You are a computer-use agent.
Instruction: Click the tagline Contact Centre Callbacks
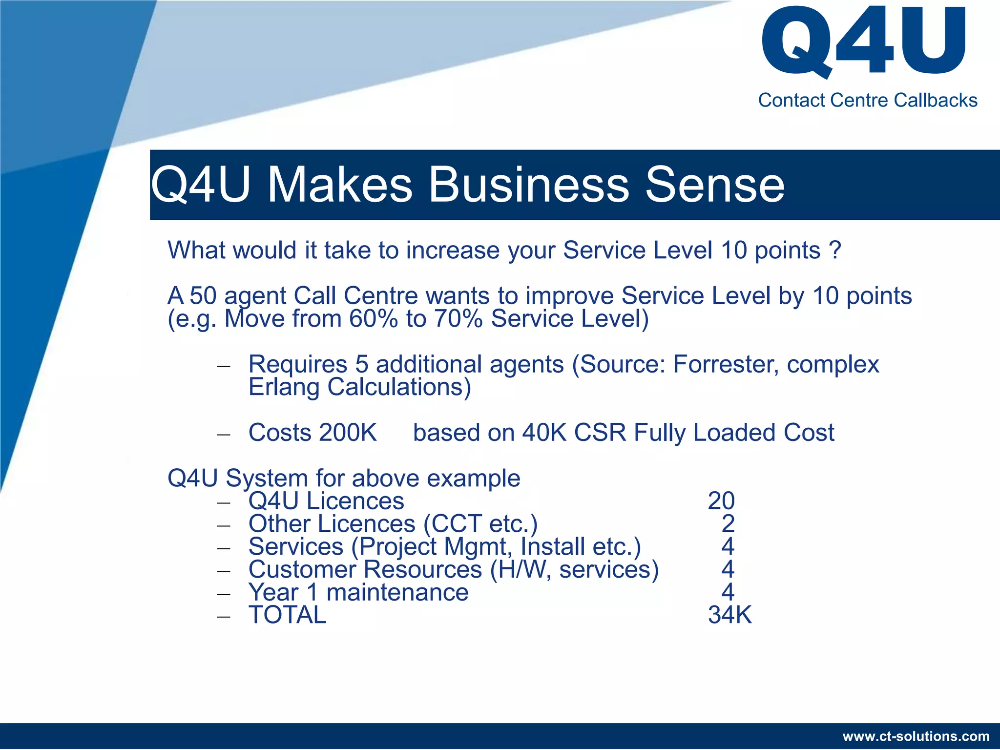[x=867, y=100]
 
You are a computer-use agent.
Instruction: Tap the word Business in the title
[x=528, y=185]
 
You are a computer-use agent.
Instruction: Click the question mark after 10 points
[x=835, y=250]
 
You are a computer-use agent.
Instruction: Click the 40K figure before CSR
[x=543, y=433]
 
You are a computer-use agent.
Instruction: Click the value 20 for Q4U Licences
[x=721, y=501]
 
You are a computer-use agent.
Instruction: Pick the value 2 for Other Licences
[x=728, y=524]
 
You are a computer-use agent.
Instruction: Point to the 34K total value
[x=729, y=615]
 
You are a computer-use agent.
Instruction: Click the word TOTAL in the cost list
[x=287, y=615]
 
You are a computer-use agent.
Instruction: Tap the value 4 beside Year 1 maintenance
[x=728, y=592]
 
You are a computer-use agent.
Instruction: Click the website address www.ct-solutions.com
[x=916, y=736]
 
